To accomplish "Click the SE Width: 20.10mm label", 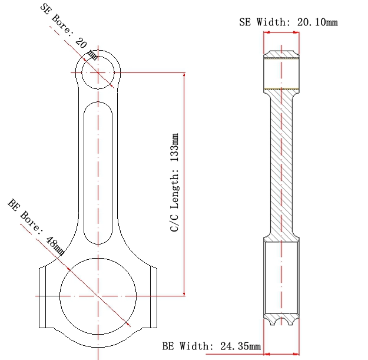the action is (289, 22).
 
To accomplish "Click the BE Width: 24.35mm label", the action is (211, 346).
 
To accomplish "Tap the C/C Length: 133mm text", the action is (174, 183).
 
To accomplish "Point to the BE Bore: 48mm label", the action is (36, 227).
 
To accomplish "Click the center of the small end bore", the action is (98, 72).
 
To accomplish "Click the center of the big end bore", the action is (98, 296).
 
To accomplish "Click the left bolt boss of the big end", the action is (42, 298).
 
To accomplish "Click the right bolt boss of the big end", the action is (154, 298).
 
